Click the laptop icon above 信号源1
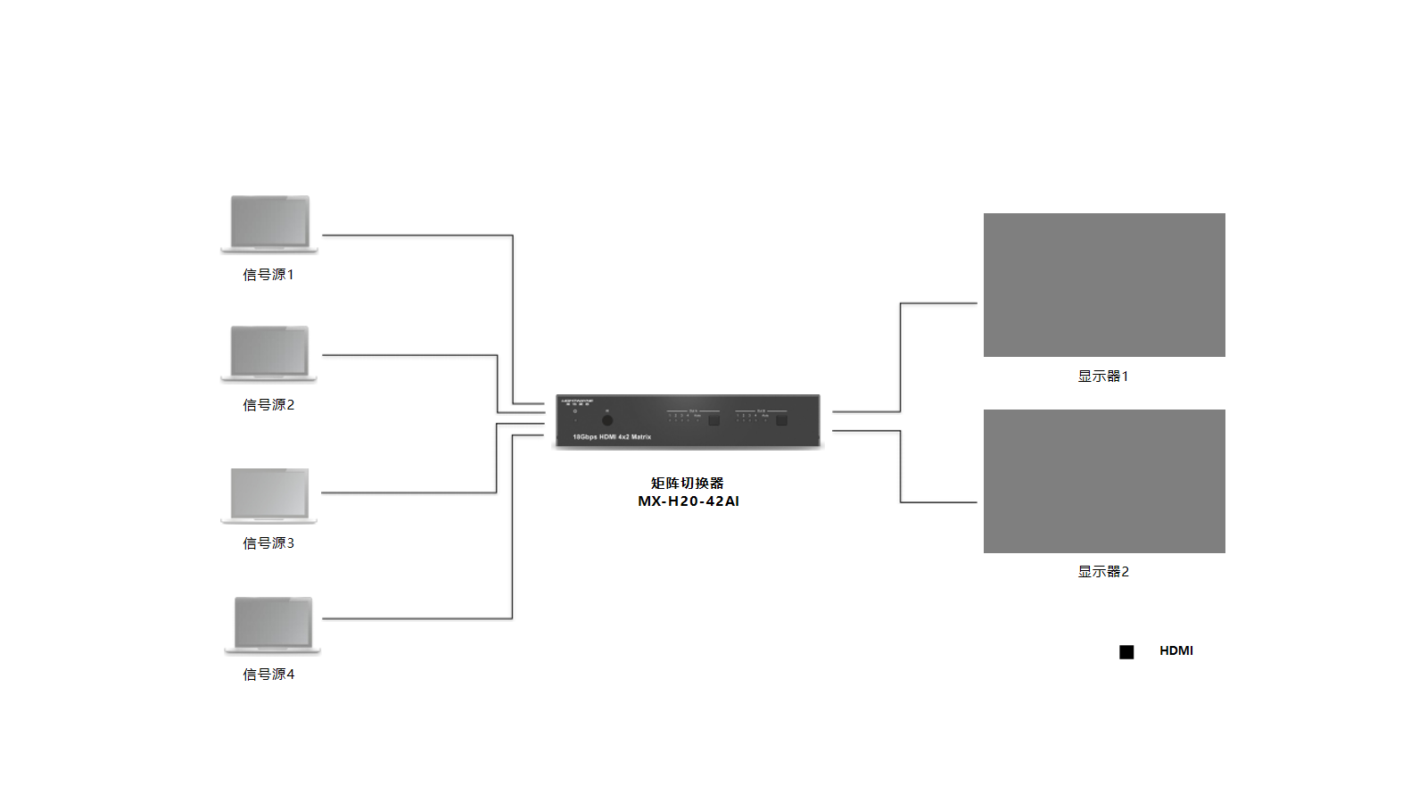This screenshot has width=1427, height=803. pos(269,224)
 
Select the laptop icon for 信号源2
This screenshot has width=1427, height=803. pos(269,353)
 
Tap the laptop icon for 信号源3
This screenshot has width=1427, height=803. pos(269,495)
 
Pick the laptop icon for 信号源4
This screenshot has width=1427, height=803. pos(272,625)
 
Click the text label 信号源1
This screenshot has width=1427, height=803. pos(268,275)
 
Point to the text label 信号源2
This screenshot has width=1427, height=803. pos(268,405)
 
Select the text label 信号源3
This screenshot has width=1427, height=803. pos(268,543)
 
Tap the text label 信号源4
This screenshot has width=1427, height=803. pos(268,675)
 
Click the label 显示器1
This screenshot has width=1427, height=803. pos(1103,377)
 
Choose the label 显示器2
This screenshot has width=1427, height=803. pos(1103,572)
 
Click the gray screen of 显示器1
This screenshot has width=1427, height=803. pos(1104,285)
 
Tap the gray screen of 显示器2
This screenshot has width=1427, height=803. pos(1104,481)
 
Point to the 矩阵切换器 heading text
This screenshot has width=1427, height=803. pos(687,484)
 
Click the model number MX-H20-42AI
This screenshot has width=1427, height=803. pos(689,501)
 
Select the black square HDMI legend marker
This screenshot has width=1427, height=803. pos(1126,652)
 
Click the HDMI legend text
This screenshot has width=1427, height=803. pos(1176,651)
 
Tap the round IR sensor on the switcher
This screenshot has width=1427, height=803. pos(607,420)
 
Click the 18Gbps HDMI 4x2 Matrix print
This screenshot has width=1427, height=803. pos(612,437)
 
